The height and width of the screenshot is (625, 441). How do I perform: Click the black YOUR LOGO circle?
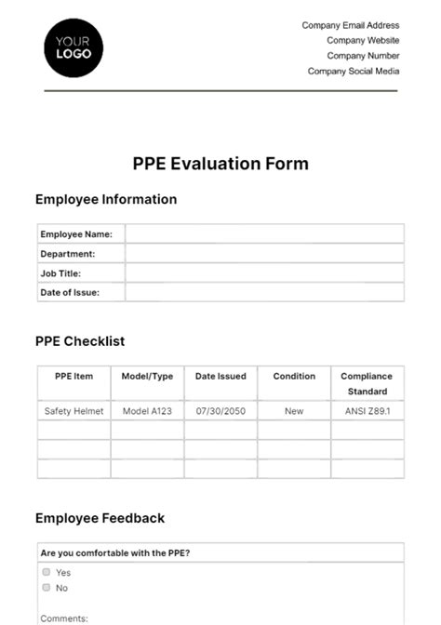[73, 47]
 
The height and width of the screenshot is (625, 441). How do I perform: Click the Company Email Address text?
[351, 26]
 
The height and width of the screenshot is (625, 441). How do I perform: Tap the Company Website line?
[363, 41]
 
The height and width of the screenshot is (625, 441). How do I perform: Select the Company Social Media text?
[354, 71]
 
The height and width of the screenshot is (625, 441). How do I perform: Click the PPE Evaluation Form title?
[220, 164]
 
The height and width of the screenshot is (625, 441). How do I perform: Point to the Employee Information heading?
[106, 199]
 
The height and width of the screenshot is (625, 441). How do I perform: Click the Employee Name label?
[76, 234]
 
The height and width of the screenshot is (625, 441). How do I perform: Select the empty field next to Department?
[264, 254]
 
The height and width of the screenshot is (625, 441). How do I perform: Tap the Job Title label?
[60, 273]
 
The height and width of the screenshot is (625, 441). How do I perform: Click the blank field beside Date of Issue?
[264, 293]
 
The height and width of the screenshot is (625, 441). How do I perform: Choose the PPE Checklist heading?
[80, 341]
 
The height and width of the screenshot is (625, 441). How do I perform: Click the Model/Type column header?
[147, 377]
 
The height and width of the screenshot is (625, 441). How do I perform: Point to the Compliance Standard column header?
[367, 384]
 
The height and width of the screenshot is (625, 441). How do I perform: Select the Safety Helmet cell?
[73, 410]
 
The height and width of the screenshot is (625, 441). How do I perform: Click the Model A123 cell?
[147, 410]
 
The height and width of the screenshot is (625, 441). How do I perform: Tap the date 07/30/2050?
[220, 410]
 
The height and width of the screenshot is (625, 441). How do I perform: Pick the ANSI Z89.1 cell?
[367, 410]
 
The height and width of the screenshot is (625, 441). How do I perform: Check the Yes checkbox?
[46, 572]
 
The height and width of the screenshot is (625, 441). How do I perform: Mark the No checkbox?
[46, 588]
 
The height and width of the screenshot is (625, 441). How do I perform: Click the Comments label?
[64, 618]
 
